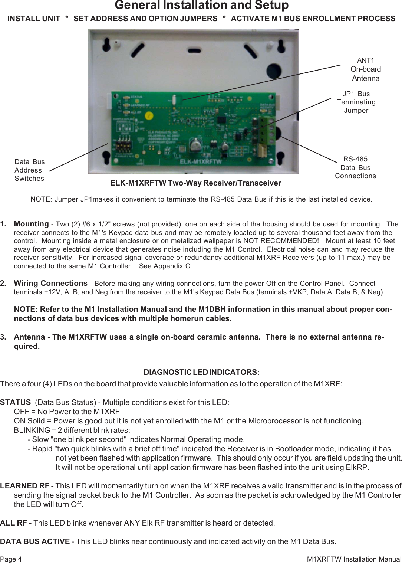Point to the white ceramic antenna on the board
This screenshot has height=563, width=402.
point(174,99)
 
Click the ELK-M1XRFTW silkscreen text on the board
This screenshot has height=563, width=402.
point(201,161)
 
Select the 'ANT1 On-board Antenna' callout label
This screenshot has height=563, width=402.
point(365,69)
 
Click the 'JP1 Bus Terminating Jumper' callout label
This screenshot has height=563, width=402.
point(356,102)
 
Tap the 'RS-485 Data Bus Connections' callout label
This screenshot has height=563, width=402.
point(355,167)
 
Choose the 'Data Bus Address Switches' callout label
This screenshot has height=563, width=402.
point(30,170)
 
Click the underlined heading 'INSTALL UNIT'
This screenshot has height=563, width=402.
point(34,19)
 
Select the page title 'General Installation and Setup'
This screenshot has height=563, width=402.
point(201,5)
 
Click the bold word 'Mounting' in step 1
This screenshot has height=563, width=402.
point(31,224)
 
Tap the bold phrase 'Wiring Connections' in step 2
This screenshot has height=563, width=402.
point(50,283)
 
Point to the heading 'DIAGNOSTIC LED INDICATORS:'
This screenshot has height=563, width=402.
point(201,372)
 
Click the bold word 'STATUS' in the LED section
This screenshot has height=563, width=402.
point(16,402)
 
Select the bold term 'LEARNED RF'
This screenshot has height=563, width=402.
point(24,486)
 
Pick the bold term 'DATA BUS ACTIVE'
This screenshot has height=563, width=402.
point(35,541)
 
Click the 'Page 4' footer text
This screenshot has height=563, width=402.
point(11,559)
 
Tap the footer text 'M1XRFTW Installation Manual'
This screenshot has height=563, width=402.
point(354,559)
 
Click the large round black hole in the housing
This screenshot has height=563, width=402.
point(274,71)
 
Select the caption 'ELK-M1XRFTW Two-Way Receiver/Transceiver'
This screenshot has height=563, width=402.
point(195,183)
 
